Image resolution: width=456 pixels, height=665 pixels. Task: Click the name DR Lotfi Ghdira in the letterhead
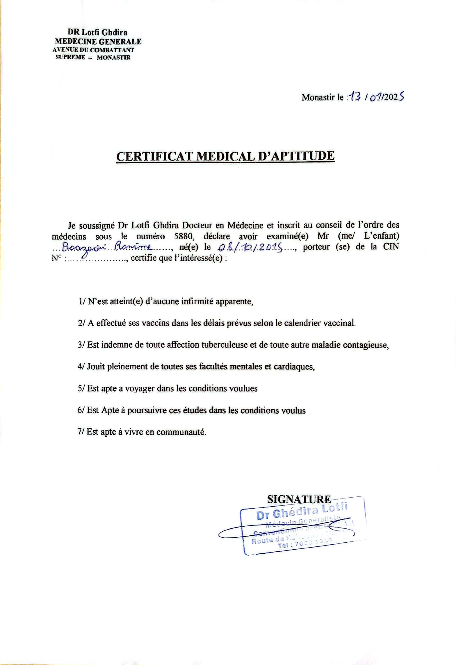click(97, 32)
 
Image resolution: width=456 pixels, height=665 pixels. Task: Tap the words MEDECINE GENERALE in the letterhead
click(98, 42)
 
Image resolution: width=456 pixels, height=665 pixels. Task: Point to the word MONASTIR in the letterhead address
click(113, 58)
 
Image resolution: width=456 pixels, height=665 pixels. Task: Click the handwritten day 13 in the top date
click(355, 98)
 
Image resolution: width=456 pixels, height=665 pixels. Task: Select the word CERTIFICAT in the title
click(154, 156)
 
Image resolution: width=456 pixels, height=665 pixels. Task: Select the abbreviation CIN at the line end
click(391, 247)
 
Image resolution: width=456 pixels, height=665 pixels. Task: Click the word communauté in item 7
click(181, 432)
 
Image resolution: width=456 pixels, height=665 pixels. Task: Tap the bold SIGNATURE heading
click(299, 499)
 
